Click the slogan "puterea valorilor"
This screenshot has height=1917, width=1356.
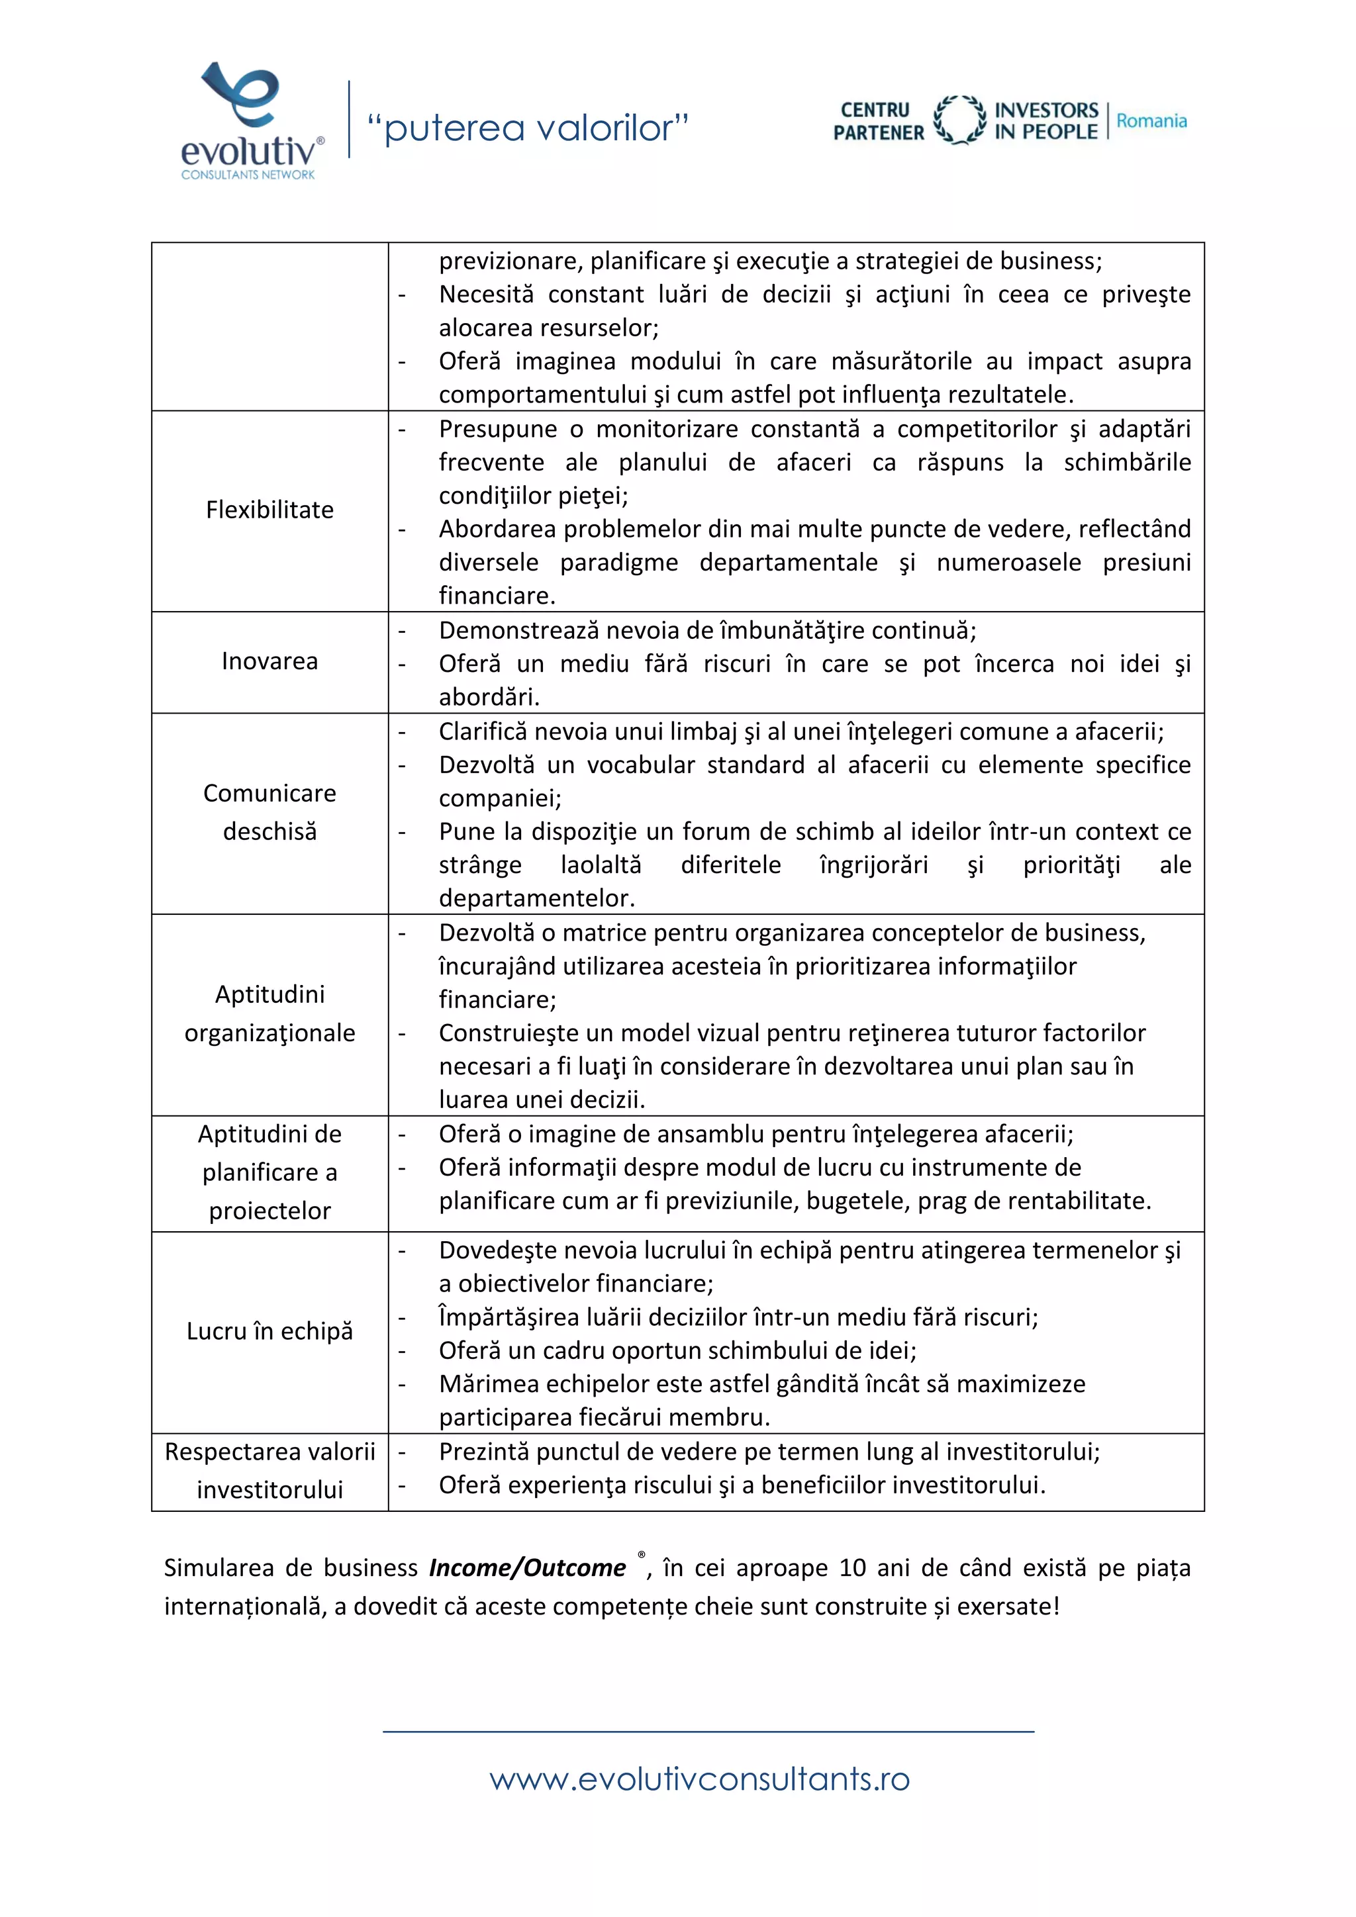(x=528, y=128)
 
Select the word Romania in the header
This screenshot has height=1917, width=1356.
(x=1151, y=121)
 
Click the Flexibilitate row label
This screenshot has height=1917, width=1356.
(x=269, y=510)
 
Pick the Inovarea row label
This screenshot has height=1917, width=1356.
(x=269, y=661)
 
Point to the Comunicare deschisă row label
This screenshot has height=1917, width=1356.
(x=269, y=812)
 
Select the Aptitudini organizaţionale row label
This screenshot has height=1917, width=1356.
(x=269, y=1013)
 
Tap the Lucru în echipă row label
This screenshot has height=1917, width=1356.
(x=269, y=1331)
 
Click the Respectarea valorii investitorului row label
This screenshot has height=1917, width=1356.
(x=269, y=1470)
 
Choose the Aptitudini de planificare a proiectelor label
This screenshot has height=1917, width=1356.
(x=269, y=1172)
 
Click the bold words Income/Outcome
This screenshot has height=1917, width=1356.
(x=527, y=1568)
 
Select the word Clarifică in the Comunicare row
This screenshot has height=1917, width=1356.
(x=483, y=731)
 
